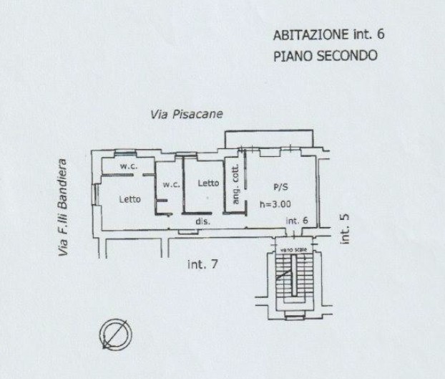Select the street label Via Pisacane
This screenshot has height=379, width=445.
187,114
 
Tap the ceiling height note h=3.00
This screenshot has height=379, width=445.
276,203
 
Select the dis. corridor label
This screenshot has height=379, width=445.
202,222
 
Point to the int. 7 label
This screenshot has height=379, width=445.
202,264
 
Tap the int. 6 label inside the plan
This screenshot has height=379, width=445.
296,221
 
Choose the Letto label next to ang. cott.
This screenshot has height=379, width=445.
208,183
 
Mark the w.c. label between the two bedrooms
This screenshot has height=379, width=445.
170,184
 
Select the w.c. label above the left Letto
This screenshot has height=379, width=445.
128,167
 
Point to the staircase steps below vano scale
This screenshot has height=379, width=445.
290,284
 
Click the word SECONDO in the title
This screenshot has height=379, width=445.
347,55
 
